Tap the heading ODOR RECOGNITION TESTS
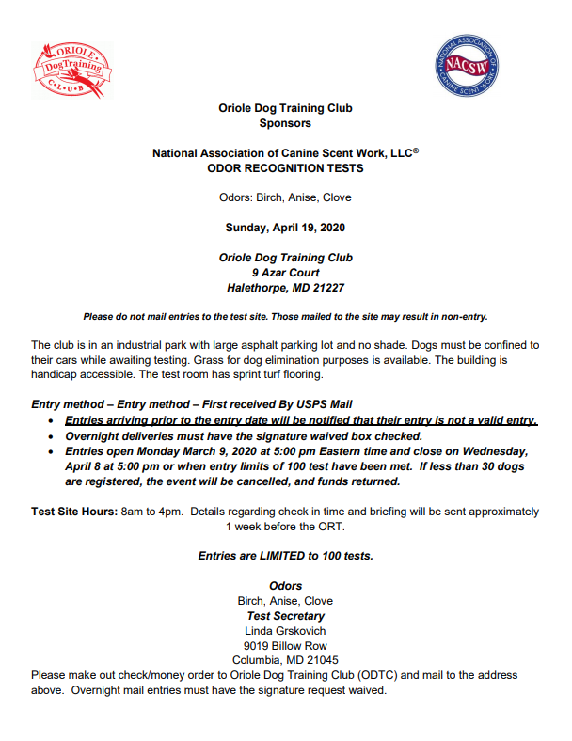(x=285, y=168)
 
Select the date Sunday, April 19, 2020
(x=285, y=228)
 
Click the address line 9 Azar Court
(x=285, y=273)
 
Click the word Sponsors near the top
(x=285, y=123)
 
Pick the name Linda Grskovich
(x=285, y=631)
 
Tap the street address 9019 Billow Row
(x=285, y=646)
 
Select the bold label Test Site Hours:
(x=73, y=512)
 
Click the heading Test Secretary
(x=285, y=616)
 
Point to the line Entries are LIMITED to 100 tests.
(x=285, y=556)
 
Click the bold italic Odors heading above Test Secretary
(x=285, y=586)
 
